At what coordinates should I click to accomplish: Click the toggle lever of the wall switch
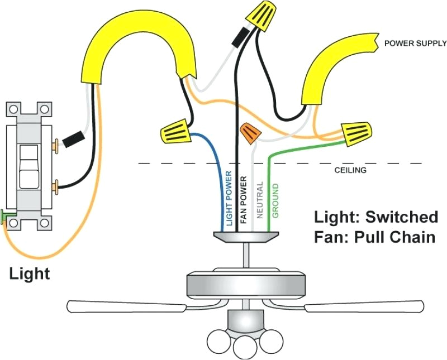(x=27, y=166)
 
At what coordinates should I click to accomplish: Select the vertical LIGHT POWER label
(x=229, y=198)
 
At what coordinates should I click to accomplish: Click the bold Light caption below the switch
(x=30, y=274)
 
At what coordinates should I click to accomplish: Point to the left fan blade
(x=126, y=306)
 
